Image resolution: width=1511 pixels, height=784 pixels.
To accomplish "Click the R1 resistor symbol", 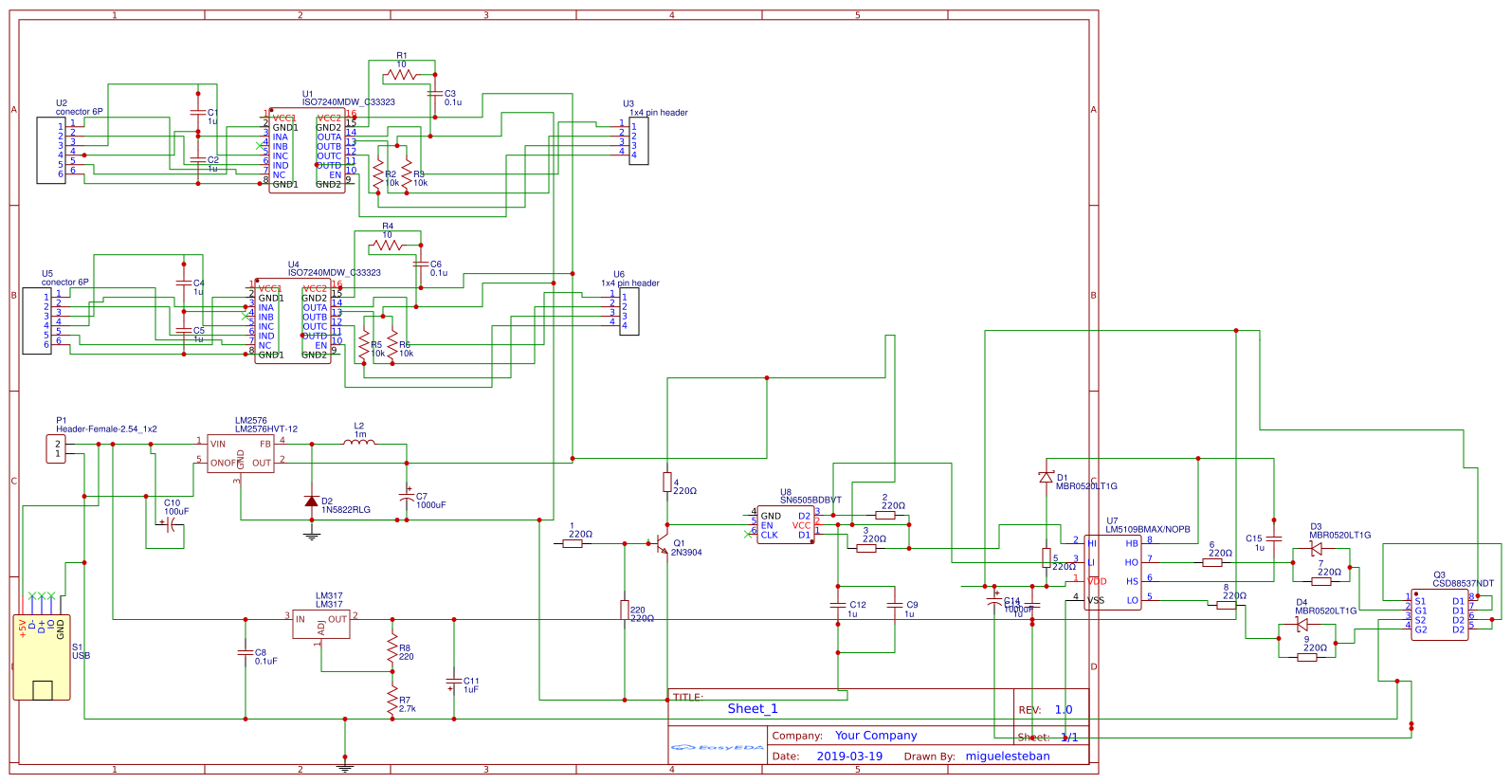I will click(400, 74).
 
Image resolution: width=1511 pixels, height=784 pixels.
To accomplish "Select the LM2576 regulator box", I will click(240, 453).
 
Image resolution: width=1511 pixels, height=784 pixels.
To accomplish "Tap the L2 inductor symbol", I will click(358, 442).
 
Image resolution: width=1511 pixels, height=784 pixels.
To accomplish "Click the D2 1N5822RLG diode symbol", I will click(311, 501).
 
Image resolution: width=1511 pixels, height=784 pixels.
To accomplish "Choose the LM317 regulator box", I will click(320, 623).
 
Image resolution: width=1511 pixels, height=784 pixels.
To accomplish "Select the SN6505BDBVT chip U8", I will click(785, 524).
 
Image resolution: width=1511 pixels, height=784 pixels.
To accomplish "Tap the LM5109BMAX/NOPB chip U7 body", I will click(1113, 572).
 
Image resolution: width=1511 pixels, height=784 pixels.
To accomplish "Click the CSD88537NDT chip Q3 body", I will click(1439, 615).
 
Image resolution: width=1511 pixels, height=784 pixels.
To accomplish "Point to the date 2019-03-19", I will click(849, 757).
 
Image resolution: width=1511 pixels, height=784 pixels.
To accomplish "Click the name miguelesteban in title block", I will click(1008, 757).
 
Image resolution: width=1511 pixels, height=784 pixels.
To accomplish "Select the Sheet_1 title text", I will click(753, 709).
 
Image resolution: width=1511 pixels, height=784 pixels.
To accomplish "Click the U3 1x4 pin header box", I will click(639, 140).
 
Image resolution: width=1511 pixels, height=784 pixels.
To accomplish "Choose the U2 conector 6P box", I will click(50, 150).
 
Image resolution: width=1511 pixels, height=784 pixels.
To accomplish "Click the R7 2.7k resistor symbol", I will click(392, 701).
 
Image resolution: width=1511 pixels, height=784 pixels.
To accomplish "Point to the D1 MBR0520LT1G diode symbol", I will click(1047, 477).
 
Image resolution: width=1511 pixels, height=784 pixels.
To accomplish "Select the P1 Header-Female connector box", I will click(56, 448).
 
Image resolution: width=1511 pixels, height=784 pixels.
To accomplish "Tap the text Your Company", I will click(876, 736).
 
